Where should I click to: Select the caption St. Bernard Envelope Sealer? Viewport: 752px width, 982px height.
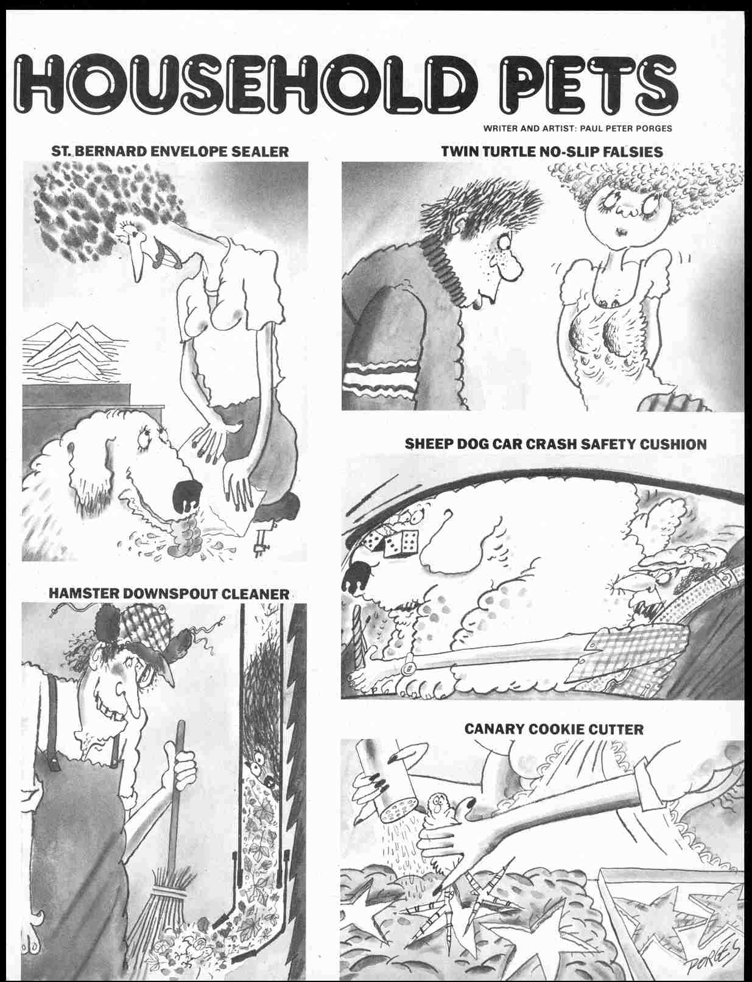point(170,151)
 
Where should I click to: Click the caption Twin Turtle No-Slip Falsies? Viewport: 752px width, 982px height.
point(552,151)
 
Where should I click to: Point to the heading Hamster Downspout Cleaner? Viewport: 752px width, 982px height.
point(169,593)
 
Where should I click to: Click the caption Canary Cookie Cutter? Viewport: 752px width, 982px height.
point(553,729)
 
